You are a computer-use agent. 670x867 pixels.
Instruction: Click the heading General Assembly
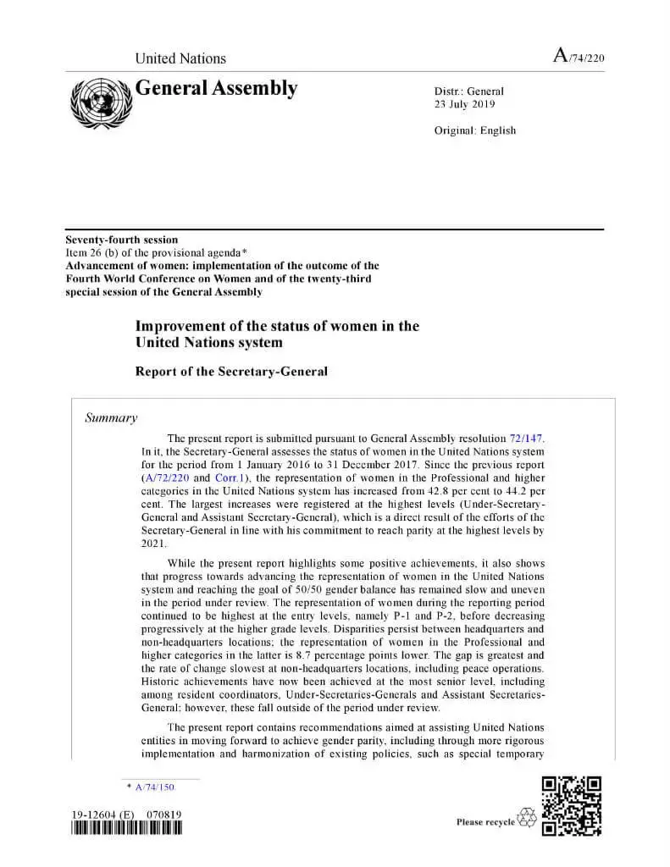pos(216,88)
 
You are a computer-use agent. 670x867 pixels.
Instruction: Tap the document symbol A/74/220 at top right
pos(579,57)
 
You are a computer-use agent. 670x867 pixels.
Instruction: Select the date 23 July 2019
pos(464,105)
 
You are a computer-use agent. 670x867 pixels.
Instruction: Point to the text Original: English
pos(474,130)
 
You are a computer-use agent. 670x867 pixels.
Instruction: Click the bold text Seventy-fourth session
pos(122,240)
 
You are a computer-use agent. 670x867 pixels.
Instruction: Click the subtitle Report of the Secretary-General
pos(231,372)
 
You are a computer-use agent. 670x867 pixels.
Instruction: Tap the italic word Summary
pos(111,418)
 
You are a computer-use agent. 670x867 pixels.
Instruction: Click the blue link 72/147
pos(526,439)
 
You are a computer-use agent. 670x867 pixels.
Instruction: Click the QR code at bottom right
pos(571,806)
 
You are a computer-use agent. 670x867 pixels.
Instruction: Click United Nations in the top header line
pos(180,58)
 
